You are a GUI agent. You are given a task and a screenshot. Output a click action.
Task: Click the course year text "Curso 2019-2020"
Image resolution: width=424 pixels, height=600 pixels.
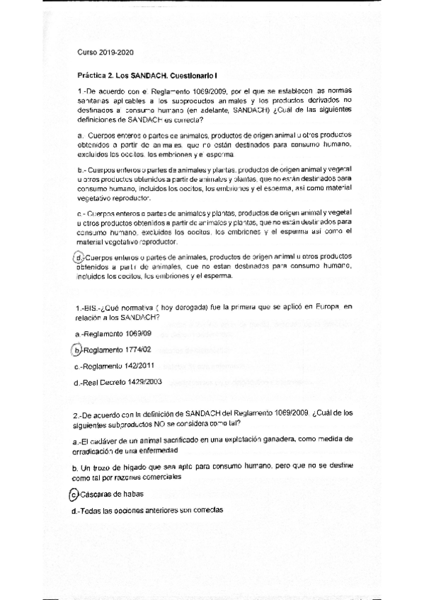click(105, 52)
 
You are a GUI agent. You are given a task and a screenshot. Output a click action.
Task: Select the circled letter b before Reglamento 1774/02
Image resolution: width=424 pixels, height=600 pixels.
click(77, 350)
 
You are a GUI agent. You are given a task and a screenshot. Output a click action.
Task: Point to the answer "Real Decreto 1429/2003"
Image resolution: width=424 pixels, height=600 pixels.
click(121, 382)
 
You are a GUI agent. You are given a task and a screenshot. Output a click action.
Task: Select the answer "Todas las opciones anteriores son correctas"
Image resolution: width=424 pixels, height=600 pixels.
click(151, 509)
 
